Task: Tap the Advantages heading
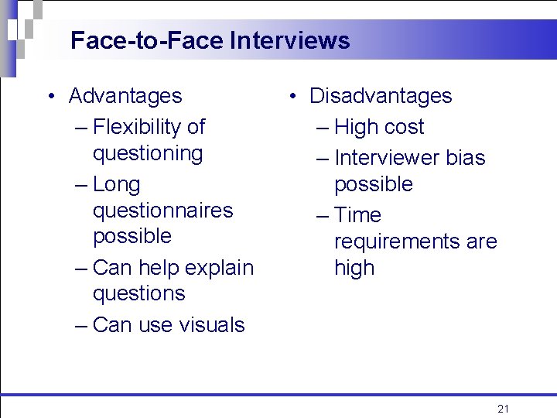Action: tap(125, 96)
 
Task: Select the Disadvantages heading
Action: tap(381, 96)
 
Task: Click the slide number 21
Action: tap(504, 409)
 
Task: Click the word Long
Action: tap(116, 184)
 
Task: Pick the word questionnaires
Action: tap(162, 211)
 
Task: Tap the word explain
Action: tap(217, 268)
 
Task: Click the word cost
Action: tap(402, 127)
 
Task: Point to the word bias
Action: tap(466, 158)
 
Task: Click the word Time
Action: tap(357, 215)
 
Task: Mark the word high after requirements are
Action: tap(354, 268)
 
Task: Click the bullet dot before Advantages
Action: tap(49, 97)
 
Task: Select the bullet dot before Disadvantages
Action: tap(293, 97)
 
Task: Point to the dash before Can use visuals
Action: tap(81, 325)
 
